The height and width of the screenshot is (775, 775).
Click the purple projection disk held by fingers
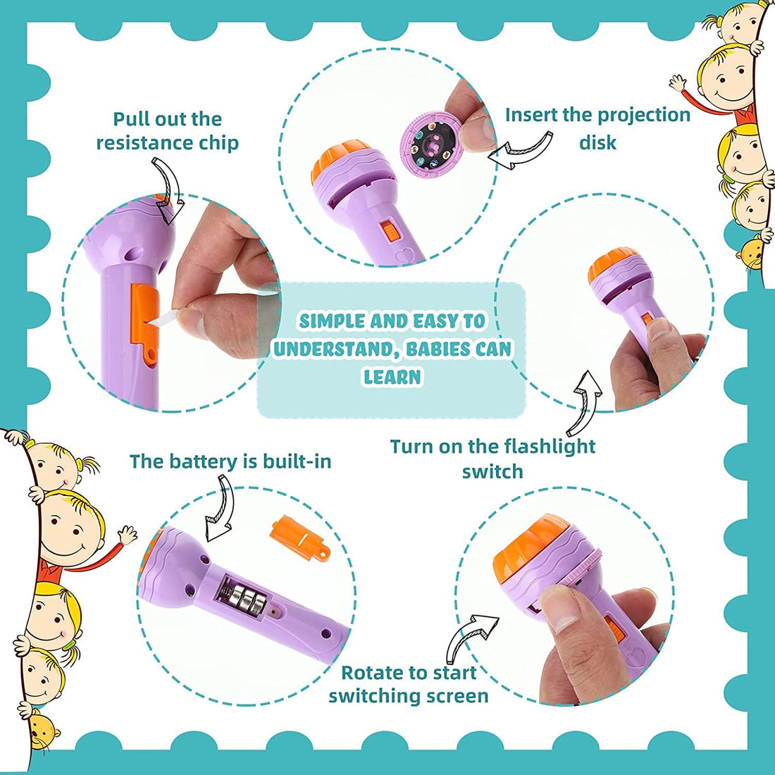[430, 142]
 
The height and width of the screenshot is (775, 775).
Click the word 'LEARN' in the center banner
[392, 377]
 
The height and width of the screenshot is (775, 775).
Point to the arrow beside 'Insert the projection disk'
[521, 150]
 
